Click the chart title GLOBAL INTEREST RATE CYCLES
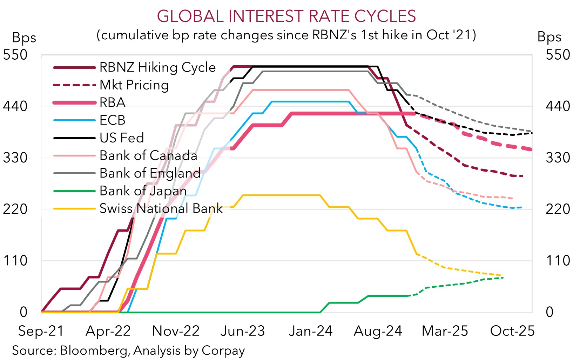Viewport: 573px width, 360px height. (286, 16)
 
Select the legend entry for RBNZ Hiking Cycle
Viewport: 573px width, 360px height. (157, 67)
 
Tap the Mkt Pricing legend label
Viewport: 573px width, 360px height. (134, 85)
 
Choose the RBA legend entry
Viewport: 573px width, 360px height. (112, 102)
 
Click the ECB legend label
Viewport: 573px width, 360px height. (112, 120)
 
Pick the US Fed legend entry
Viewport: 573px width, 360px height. (122, 138)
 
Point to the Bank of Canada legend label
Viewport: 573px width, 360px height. (148, 155)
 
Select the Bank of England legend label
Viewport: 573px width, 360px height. (150, 173)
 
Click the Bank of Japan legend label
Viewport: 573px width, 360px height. (143, 191)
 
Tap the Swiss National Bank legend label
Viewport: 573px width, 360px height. (161, 208)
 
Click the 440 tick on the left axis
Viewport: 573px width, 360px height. (15, 106)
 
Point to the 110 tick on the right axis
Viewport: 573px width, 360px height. (558, 261)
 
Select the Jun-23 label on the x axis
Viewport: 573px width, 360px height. (243, 331)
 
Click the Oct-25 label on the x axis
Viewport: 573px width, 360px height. (512, 331)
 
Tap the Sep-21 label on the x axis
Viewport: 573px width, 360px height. (41, 331)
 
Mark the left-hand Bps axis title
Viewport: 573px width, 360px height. (24, 38)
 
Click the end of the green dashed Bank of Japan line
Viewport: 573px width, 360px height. (503, 278)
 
